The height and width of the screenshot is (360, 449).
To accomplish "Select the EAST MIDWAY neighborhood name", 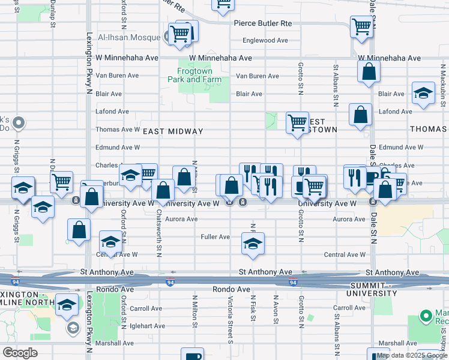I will [x=173, y=131].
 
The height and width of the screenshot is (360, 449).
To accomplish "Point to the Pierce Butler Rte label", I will [x=262, y=23].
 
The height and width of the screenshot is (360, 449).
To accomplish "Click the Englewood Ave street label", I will [x=265, y=41].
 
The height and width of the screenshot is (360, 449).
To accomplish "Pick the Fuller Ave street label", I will [x=215, y=237].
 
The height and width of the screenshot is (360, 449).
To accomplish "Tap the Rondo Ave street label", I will [x=231, y=289].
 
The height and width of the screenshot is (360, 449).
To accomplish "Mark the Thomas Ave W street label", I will [x=118, y=129].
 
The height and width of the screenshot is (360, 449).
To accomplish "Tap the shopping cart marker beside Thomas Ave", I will [x=297, y=123].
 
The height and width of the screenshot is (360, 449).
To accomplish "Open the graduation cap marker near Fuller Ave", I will [x=253, y=243].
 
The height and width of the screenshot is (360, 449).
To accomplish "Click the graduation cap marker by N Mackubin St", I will [x=423, y=93].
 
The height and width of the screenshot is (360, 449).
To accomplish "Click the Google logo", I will [x=20, y=353].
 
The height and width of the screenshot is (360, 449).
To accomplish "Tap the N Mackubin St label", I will [x=441, y=96].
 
